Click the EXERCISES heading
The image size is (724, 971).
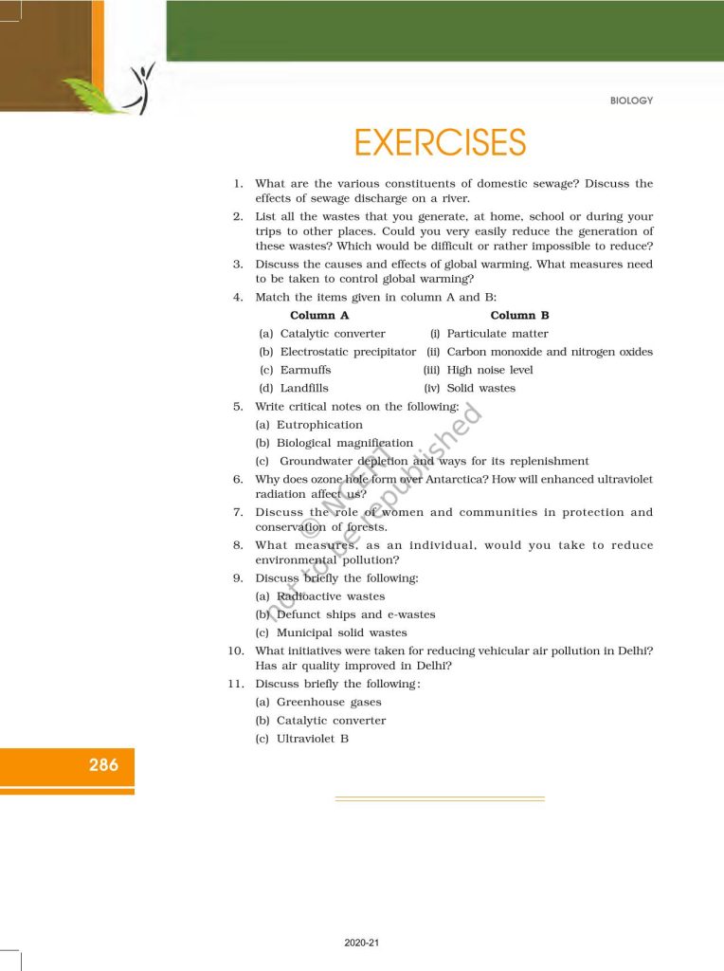point(440,142)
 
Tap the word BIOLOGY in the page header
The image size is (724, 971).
point(632,101)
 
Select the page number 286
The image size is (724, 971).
point(103,764)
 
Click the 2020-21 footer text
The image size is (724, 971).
point(362,943)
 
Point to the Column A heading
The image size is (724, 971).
point(319,316)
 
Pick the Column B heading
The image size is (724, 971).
point(519,316)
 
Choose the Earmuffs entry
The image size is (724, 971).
point(305,370)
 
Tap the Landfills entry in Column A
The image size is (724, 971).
point(307,388)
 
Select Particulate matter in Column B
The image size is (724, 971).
point(497,334)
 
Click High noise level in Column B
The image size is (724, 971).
point(490,370)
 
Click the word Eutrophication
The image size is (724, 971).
point(319,425)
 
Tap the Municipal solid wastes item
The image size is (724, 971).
point(341,632)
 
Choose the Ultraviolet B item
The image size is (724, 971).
point(313,739)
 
